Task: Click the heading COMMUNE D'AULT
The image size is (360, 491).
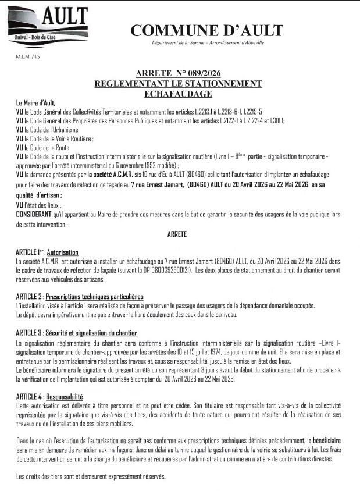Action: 206,30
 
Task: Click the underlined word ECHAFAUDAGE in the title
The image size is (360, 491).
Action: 179,93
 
